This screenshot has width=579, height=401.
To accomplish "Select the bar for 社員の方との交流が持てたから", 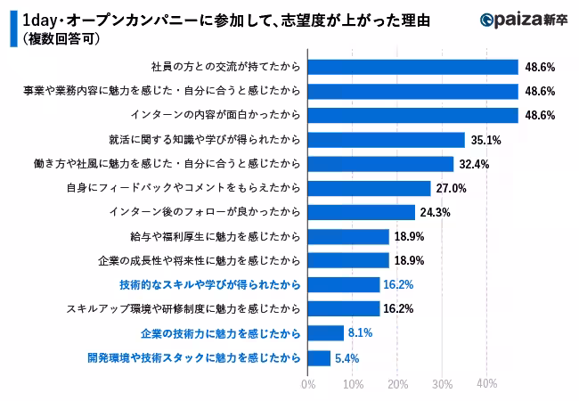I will tap(412, 67).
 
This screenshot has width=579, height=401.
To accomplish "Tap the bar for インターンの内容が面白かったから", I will tap(412, 115).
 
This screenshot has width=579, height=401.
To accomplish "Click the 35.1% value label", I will tap(485, 140).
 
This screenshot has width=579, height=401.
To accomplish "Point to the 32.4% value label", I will tap(473, 164).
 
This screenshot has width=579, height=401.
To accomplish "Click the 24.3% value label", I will tap(436, 212).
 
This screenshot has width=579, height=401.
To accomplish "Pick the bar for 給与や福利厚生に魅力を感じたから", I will tap(348, 236).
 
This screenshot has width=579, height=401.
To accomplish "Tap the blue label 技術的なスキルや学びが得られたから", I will tap(209, 285).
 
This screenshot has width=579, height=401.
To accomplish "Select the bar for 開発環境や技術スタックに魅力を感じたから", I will tap(319, 357).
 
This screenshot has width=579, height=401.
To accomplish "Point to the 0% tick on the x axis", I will tap(308, 384).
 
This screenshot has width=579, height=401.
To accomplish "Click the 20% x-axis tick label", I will tap(397, 384).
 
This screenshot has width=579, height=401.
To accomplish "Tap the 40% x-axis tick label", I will tap(486, 384).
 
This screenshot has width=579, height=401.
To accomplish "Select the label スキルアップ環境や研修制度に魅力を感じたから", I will tap(183, 309).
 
